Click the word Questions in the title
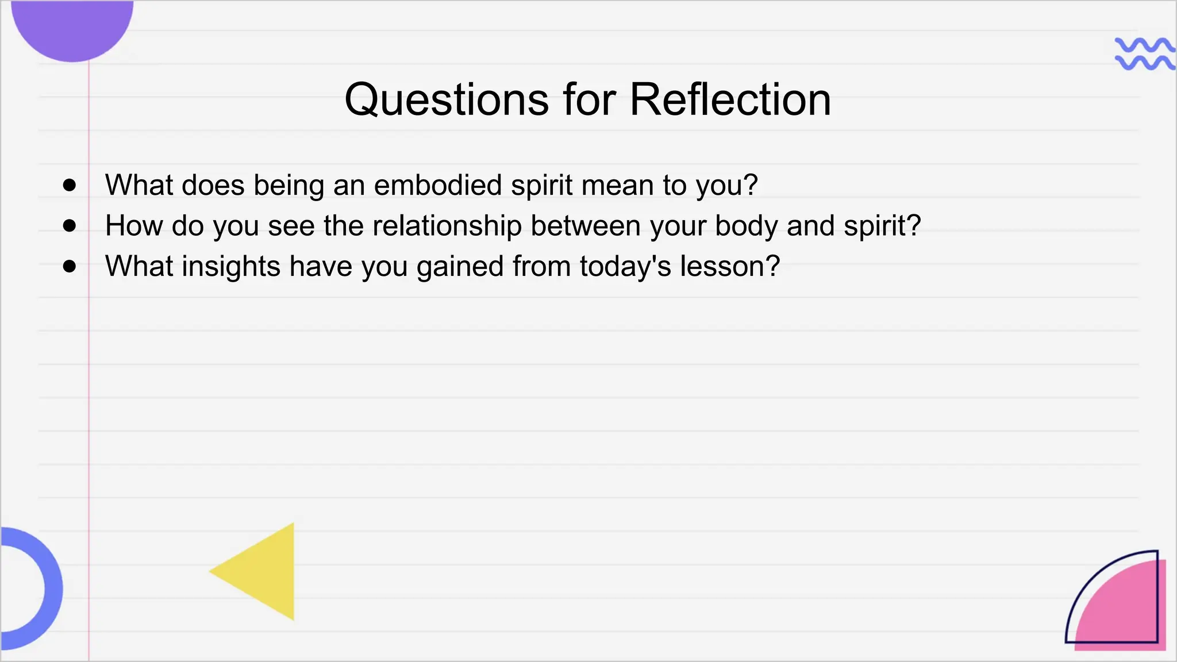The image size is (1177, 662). [446, 100]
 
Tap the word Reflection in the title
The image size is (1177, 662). [730, 100]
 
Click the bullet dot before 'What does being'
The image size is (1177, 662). [70, 185]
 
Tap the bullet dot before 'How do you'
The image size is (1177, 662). [70, 226]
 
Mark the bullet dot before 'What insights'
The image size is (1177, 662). [70, 266]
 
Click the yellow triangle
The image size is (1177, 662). [264, 572]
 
